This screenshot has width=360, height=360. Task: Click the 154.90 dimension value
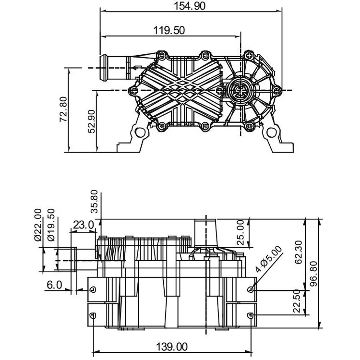[x=190, y=6]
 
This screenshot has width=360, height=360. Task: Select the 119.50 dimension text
[x=169, y=30]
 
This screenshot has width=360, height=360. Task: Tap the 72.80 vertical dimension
[x=63, y=109]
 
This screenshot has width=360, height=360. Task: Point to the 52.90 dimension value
[x=91, y=121]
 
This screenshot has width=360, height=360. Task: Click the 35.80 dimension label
[x=94, y=201]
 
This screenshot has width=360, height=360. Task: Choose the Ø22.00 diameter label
[x=38, y=225]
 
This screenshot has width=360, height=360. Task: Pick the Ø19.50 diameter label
[x=51, y=225]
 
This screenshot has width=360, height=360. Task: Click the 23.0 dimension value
[x=83, y=225]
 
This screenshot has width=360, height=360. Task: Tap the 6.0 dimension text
[x=54, y=285]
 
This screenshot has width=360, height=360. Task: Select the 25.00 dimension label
[x=240, y=233]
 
